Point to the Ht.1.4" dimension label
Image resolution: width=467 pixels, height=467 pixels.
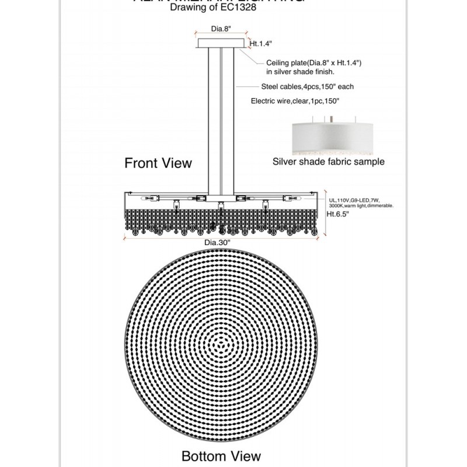click(260, 43)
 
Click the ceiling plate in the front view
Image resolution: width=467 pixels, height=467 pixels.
click(221, 43)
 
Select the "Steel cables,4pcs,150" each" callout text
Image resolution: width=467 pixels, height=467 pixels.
click(308, 86)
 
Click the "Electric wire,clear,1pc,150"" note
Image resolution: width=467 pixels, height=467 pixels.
click(295, 101)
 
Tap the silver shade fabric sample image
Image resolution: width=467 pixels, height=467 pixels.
click(329, 137)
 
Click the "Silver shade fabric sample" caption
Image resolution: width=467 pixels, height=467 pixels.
click(329, 162)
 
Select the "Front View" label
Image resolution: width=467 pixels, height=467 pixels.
click(158, 163)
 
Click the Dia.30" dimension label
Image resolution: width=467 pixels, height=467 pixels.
click(217, 243)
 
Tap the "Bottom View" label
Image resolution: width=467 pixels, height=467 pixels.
click(221, 455)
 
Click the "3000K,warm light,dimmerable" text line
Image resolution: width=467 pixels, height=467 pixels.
click(361, 206)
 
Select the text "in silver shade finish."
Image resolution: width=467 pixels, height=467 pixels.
click(300, 71)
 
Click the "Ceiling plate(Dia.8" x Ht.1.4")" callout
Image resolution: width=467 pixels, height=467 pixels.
click(314, 62)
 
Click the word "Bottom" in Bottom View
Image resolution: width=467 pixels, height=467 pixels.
click(201, 455)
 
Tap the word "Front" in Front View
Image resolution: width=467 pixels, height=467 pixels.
click(141, 163)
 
